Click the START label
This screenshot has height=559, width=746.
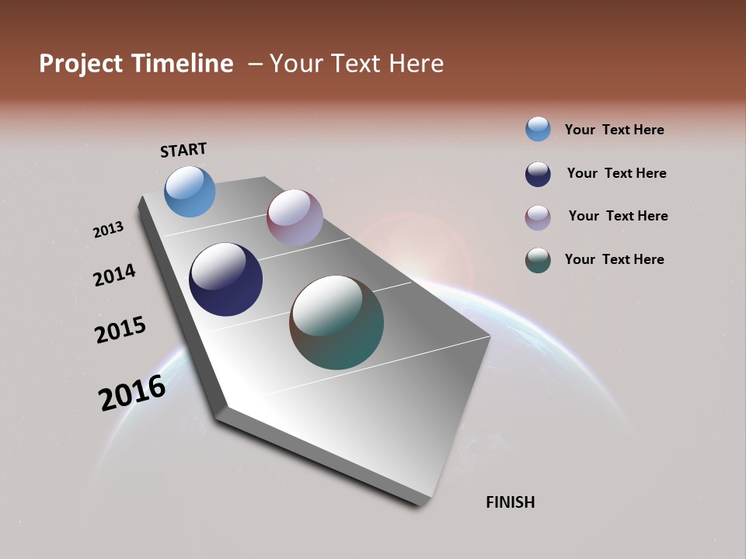coord(183,150)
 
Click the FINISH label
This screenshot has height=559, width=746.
coord(511,502)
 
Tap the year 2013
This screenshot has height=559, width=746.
coord(108,230)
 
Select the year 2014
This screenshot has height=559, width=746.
coord(114,275)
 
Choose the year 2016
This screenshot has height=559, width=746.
coord(132,393)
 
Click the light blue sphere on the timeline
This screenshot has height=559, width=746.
coord(190,191)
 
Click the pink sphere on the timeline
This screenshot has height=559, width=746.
coord(295,217)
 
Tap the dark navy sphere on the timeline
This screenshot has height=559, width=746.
coord(226,279)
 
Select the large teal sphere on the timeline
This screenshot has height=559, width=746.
coord(336,322)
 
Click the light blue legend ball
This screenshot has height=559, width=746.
coord(538,129)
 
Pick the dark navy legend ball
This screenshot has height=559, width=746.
coord(538,174)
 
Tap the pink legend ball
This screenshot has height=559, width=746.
coord(538,217)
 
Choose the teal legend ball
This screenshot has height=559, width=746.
coord(538,260)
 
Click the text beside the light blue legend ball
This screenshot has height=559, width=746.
coord(614,130)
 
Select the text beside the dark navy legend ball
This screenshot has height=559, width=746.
coord(616,173)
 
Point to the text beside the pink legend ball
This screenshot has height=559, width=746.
coord(618,216)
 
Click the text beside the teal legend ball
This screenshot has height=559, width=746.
coord(614,259)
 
